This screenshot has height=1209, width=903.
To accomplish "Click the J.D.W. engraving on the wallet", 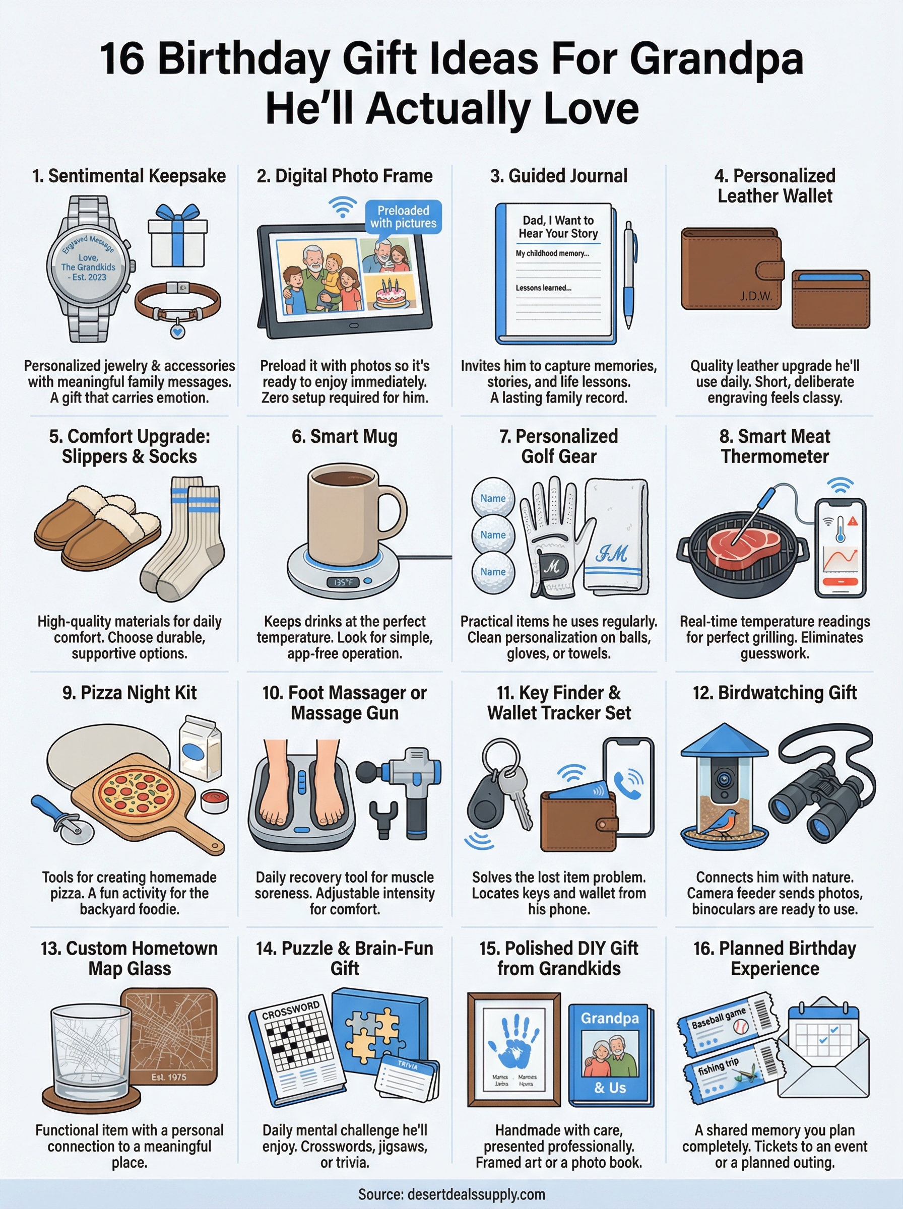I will (x=756, y=297).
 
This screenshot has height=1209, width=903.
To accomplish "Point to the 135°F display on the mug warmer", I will (x=343, y=582).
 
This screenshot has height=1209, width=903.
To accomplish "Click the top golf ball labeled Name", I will (x=492, y=498).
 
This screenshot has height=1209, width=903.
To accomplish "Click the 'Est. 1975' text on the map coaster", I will (x=168, y=1077).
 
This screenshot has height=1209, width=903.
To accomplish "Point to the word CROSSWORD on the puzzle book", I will (x=291, y=1010).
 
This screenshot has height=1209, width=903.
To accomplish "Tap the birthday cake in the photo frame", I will (x=391, y=296).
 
